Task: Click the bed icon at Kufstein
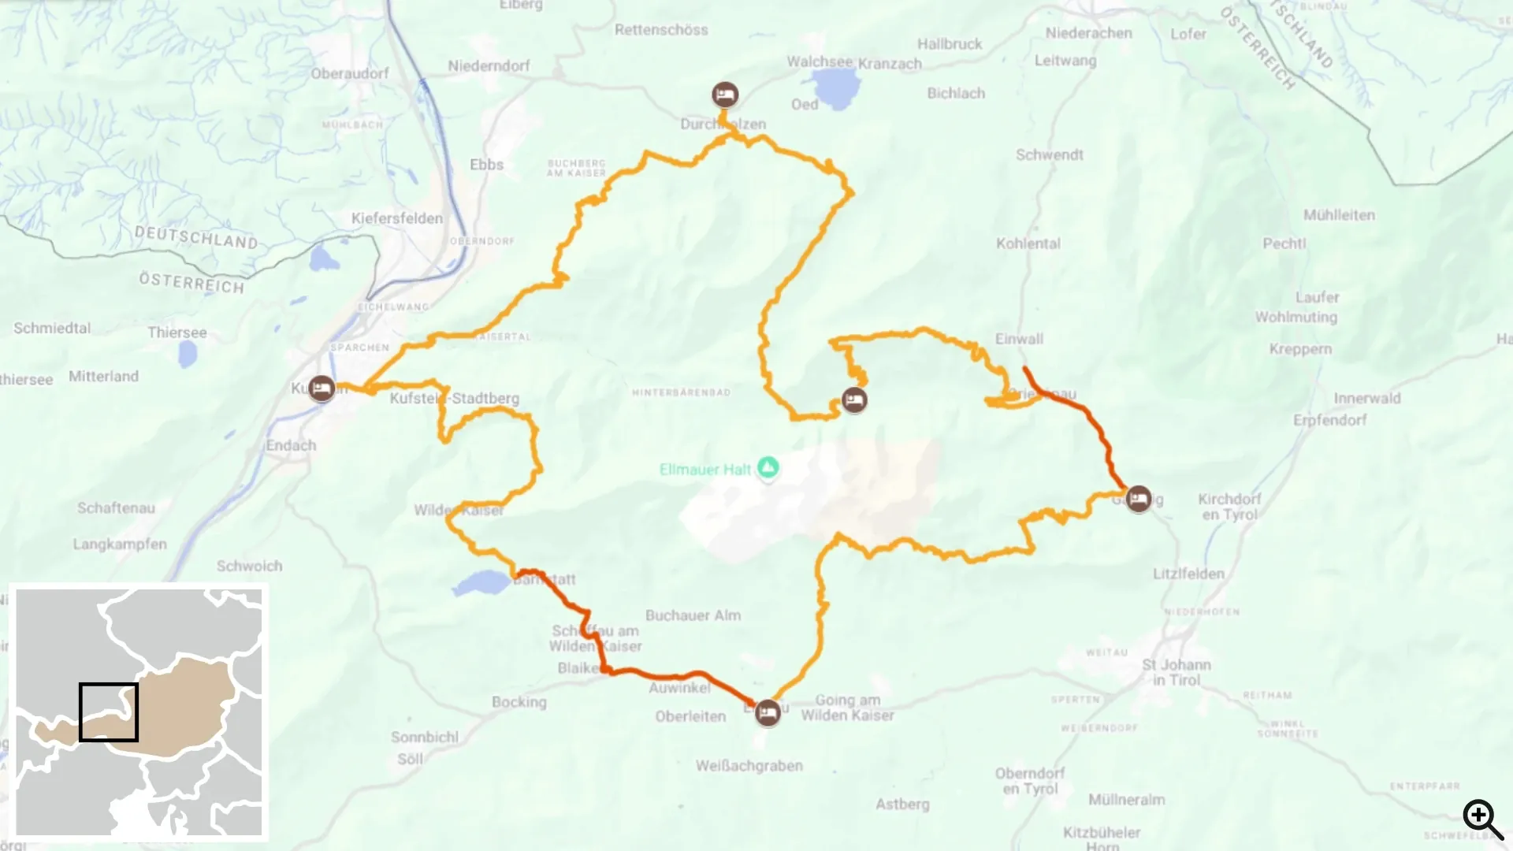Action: point(321,388)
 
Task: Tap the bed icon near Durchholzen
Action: point(725,95)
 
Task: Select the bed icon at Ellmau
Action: point(768,714)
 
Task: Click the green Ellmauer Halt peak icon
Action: point(768,467)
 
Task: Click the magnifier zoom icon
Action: point(1482,819)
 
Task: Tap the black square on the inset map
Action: point(109,712)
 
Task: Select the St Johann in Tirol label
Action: point(1177,672)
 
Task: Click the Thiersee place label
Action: point(177,333)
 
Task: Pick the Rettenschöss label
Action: point(661,30)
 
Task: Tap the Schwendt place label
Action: point(1049,154)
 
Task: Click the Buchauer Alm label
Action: point(693,615)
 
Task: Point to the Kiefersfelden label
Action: point(397,218)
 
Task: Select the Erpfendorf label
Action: point(1330,420)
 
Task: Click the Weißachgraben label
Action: point(749,766)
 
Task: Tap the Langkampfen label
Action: point(120,544)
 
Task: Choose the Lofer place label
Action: point(1188,34)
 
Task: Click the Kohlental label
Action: point(1028,243)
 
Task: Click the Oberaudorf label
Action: point(350,73)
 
